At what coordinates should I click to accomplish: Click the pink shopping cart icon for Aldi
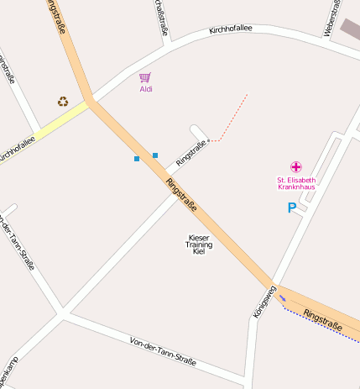pos(145,77)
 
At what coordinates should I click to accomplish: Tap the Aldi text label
pos(146,89)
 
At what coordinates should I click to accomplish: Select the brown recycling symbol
pos(63,102)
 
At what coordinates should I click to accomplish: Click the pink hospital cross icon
pos(295,166)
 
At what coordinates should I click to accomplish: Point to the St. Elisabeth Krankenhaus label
pos(296,183)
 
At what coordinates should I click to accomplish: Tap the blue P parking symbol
pos(292,208)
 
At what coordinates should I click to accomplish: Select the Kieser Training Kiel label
pos(199,244)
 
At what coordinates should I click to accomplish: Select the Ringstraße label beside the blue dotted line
pos(323,319)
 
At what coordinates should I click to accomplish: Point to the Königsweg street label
pos(264,302)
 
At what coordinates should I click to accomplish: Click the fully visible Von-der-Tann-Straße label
pos(163,351)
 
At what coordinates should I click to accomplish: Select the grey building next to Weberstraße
pos(350,29)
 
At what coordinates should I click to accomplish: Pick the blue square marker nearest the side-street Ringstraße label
pos(155,155)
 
